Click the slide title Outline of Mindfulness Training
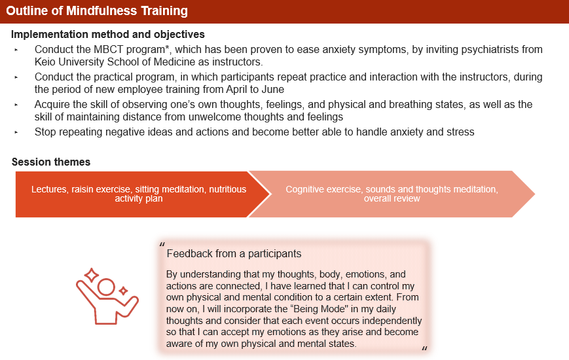click(97, 11)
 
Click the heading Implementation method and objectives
click(108, 35)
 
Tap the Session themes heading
click(51, 162)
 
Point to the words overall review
click(392, 198)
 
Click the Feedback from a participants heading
click(234, 254)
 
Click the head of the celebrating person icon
click(106, 287)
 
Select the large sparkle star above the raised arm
click(92, 276)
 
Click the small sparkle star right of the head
click(123, 291)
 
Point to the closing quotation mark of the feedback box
click(424, 349)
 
